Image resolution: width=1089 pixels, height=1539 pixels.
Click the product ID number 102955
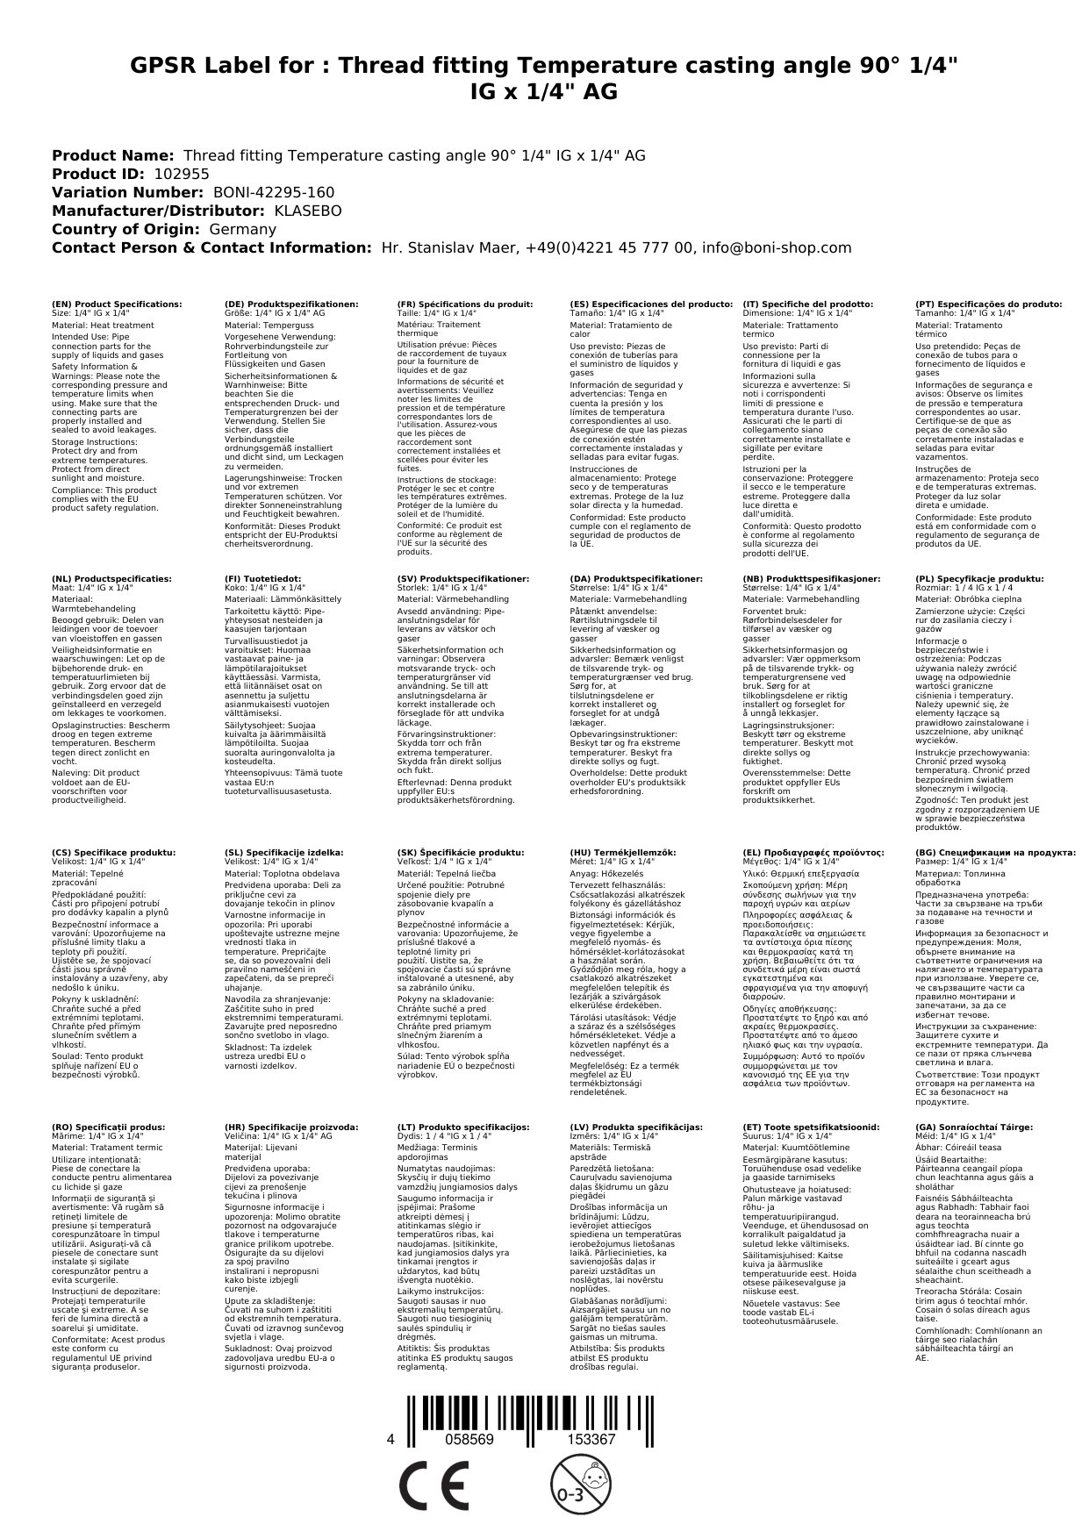click(x=182, y=174)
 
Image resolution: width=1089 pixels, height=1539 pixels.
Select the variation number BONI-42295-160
click(x=273, y=192)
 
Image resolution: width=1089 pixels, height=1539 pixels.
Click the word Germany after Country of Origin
click(x=242, y=229)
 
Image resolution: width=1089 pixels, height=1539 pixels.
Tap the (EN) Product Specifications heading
click(x=117, y=304)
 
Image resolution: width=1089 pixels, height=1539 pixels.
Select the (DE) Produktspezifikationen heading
click(x=291, y=304)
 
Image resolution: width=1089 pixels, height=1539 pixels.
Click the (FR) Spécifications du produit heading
click(x=465, y=304)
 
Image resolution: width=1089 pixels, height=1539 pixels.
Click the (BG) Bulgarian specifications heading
click(x=995, y=852)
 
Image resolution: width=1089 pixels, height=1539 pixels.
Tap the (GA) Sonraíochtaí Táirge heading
click(x=962, y=1127)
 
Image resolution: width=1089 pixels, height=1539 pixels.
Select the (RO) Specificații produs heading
click(x=108, y=1127)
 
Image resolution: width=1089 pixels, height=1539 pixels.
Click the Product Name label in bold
click(x=112, y=155)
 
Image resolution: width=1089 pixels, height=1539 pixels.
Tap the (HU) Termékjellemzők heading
click(x=623, y=852)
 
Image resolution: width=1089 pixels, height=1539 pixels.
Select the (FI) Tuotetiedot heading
click(x=263, y=579)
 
